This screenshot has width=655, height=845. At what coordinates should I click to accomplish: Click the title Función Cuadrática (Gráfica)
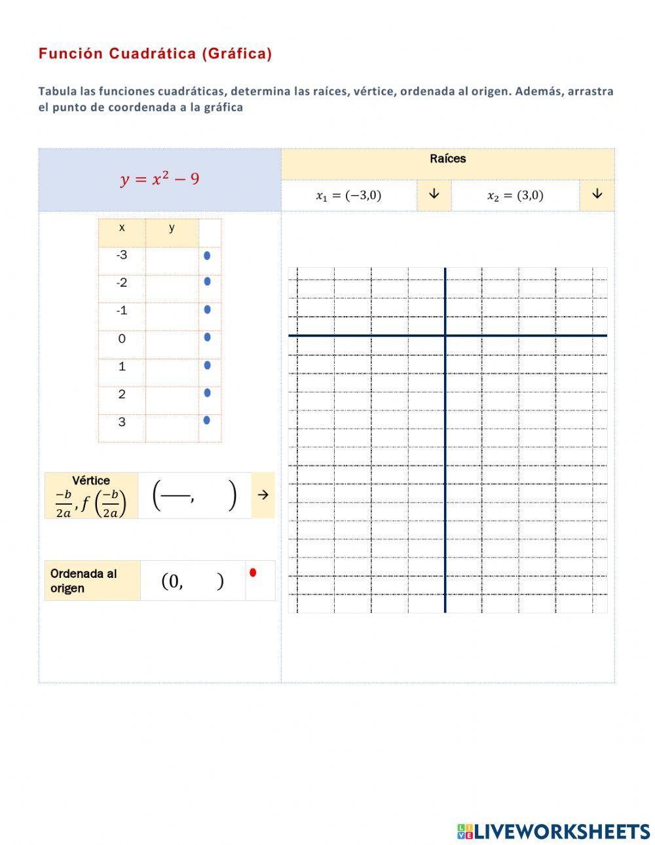155,54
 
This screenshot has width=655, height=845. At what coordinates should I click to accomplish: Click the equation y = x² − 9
160,179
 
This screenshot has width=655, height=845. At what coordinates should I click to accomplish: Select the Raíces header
448,159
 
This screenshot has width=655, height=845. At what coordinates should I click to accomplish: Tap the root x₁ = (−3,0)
348,195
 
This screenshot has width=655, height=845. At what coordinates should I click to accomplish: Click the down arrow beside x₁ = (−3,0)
434,194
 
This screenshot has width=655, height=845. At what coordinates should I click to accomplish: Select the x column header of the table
122,228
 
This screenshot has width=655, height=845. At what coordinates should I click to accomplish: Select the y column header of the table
172,228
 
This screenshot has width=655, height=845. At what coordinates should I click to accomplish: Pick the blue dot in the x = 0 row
207,338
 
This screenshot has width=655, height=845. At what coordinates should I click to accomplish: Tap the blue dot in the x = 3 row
207,420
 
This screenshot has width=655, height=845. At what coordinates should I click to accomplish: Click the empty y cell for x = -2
172,283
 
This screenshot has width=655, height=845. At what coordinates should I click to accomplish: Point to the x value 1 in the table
122,367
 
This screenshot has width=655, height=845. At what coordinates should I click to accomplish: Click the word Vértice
91,480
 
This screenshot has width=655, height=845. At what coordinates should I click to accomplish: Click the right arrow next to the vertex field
263,495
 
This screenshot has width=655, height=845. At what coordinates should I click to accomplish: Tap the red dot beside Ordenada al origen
253,573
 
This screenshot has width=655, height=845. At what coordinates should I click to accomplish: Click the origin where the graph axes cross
445,336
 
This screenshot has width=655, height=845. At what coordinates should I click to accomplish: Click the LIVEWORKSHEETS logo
553,831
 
